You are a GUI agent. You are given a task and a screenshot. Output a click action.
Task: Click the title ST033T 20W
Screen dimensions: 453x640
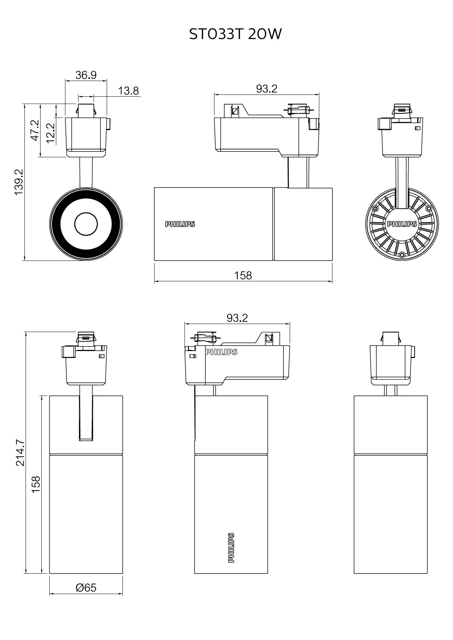(236, 34)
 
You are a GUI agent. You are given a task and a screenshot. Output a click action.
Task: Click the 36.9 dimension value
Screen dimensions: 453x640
(86, 75)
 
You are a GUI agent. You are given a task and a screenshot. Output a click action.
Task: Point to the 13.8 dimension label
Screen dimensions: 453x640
(129, 91)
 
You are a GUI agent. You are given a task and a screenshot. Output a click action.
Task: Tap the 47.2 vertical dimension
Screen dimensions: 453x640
(35, 131)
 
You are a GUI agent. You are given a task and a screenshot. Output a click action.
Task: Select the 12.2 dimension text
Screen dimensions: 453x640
(51, 132)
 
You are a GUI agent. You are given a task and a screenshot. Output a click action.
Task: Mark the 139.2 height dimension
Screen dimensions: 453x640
(19, 181)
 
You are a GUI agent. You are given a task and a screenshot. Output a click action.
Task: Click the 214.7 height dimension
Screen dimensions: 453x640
(20, 452)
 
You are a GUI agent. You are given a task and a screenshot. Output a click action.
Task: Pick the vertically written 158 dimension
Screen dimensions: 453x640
(35, 484)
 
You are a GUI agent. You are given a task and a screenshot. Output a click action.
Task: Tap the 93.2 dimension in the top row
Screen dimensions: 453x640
(267, 89)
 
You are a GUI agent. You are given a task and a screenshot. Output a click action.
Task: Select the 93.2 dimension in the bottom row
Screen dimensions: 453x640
(237, 318)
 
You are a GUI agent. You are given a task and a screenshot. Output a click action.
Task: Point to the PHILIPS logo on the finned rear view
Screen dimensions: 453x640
(402, 224)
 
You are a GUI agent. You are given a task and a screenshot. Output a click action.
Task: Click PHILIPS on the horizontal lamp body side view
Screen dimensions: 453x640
(180, 224)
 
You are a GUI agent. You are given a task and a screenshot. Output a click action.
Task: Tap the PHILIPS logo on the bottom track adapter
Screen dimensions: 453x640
(221, 352)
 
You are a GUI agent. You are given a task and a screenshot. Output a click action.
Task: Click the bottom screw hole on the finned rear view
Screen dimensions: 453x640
(402, 254)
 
